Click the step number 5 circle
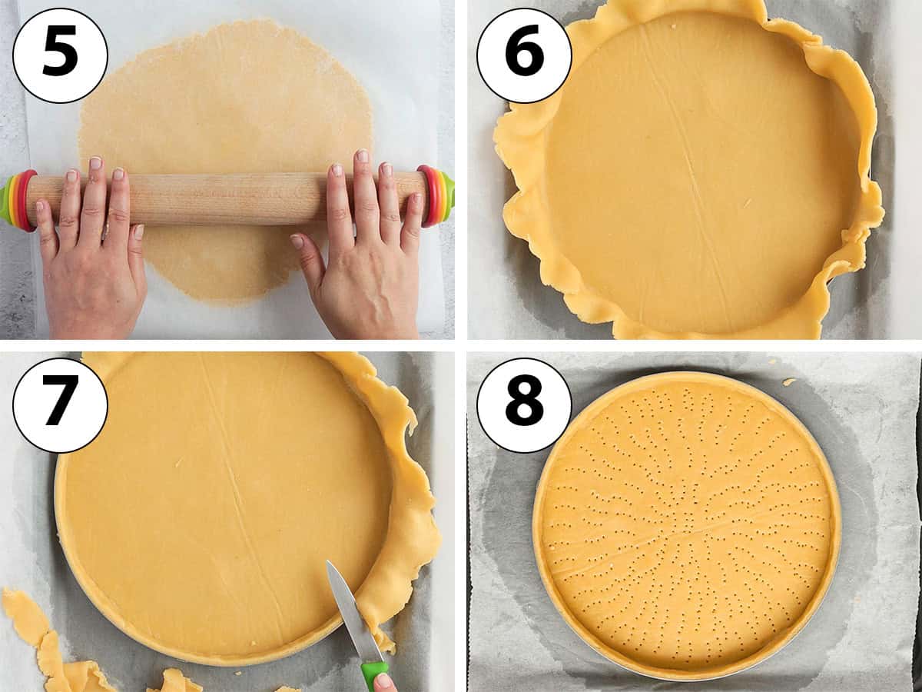pos(60,55)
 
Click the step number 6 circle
pos(524,55)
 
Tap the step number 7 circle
pos(60,405)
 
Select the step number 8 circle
pos(524,405)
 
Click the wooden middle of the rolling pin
pos(223,198)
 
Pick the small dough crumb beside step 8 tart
pos(789,381)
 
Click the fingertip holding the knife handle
pos(384,683)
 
